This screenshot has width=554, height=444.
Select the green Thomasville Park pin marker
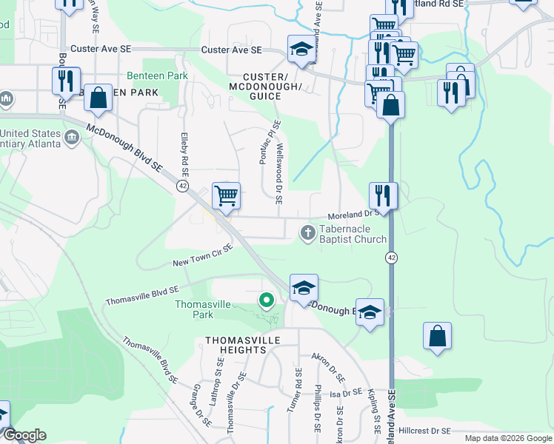(266, 300)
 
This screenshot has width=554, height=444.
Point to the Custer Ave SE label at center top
(232, 50)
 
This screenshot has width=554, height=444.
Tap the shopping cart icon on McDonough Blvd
(226, 196)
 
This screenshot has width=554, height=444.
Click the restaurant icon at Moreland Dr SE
(383, 195)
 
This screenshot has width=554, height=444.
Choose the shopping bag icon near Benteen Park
(98, 98)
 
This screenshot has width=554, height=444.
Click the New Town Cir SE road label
(203, 256)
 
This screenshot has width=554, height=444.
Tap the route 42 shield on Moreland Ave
(390, 257)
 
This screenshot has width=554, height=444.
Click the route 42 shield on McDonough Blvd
(182, 186)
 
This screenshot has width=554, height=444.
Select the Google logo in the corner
(24, 435)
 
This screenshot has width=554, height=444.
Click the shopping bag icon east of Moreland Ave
(437, 336)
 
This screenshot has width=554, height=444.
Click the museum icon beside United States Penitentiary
(73, 137)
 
